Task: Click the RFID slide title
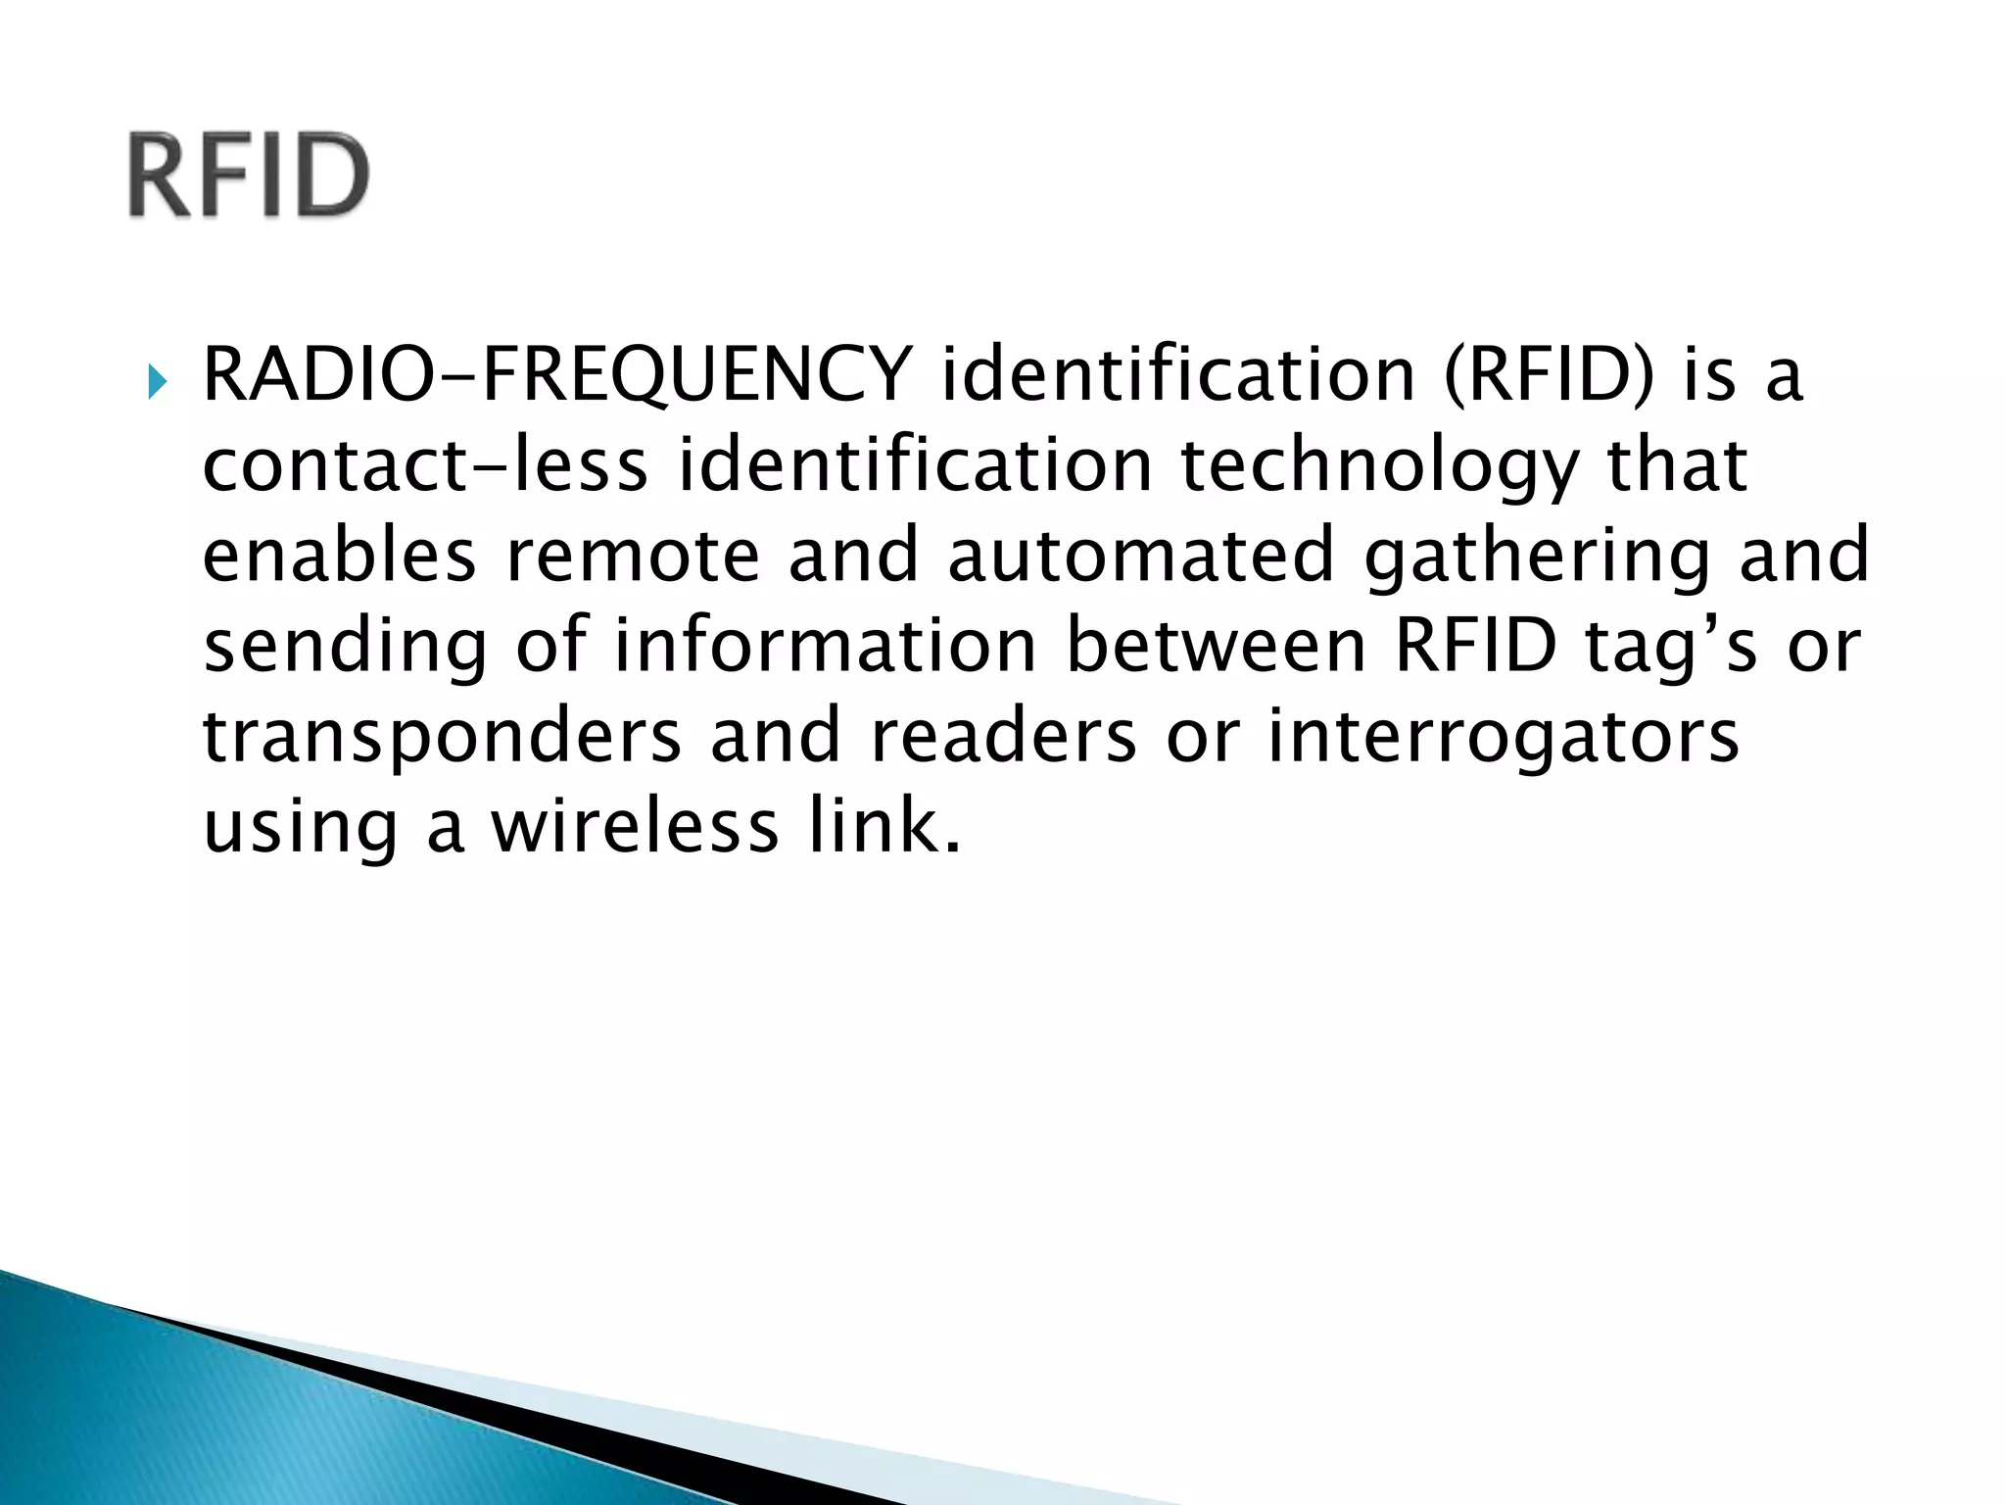tap(249, 175)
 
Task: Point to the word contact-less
tap(425, 464)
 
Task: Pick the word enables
tap(339, 556)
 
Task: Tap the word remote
tap(633, 556)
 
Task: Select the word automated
tap(1141, 556)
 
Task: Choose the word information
tap(825, 646)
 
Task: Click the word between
tap(1216, 646)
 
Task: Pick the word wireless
tap(635, 826)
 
